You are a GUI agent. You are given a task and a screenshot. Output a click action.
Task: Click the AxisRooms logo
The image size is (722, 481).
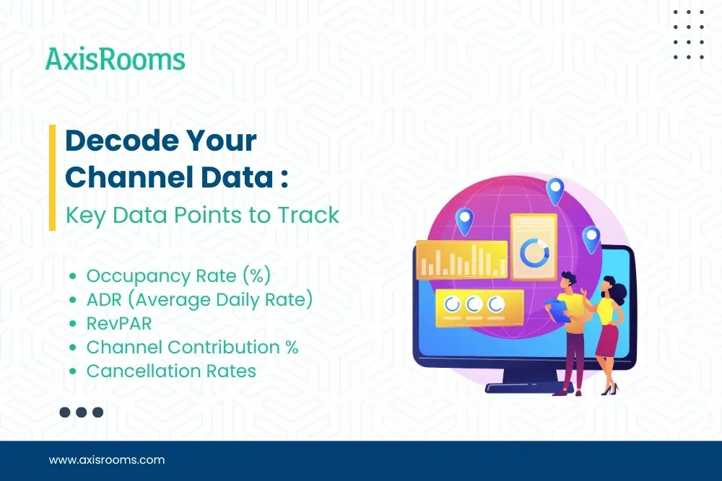point(115,58)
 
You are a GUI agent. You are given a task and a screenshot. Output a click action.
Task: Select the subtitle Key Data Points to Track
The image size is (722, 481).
point(202,215)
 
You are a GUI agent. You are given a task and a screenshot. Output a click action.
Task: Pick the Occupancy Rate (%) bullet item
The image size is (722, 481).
point(178,275)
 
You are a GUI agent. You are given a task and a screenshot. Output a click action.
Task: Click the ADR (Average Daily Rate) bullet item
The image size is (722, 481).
point(199,299)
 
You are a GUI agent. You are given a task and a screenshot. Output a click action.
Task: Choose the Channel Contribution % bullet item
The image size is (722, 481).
point(192,347)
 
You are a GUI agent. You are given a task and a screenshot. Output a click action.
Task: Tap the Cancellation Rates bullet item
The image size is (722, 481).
point(171,371)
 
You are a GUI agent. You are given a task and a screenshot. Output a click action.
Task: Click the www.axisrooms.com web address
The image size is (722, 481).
point(107,459)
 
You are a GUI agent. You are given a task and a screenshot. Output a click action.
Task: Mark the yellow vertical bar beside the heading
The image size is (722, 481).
point(52,177)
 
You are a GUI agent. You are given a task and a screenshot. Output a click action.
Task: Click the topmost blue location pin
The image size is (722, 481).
point(554,190)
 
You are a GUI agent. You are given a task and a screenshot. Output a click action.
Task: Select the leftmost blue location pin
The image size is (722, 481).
point(464,219)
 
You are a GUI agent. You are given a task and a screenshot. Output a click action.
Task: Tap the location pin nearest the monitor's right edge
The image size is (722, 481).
point(591,238)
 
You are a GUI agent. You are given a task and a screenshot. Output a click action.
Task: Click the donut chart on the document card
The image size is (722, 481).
point(534,252)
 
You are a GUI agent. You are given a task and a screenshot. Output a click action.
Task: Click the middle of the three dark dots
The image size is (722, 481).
point(81,412)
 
